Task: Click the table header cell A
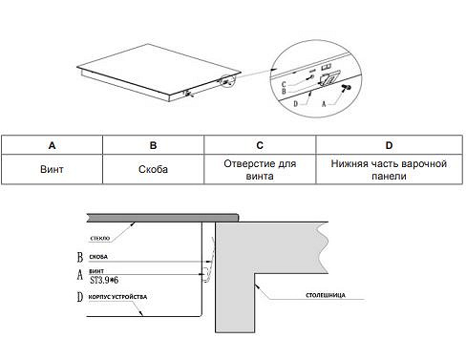[52, 145]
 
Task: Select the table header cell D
[389, 145]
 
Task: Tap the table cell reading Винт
[52, 169]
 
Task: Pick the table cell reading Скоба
[153, 169]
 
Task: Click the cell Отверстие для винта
[260, 169]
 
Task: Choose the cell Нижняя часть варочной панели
[389, 169]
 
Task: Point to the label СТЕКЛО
[100, 238]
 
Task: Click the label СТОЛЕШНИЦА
[326, 295]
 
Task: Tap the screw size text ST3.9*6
[104, 280]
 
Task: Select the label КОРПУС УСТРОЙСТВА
[117, 297]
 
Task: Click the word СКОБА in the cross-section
[98, 257]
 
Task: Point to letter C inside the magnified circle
[284, 84]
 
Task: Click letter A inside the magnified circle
[324, 104]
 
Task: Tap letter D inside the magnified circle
[295, 104]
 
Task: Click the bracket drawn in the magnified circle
[328, 78]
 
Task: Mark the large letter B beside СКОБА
[80, 257]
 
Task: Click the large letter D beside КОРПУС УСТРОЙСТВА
[80, 297]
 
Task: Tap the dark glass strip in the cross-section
[162, 218]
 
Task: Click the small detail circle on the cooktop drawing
[227, 81]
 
